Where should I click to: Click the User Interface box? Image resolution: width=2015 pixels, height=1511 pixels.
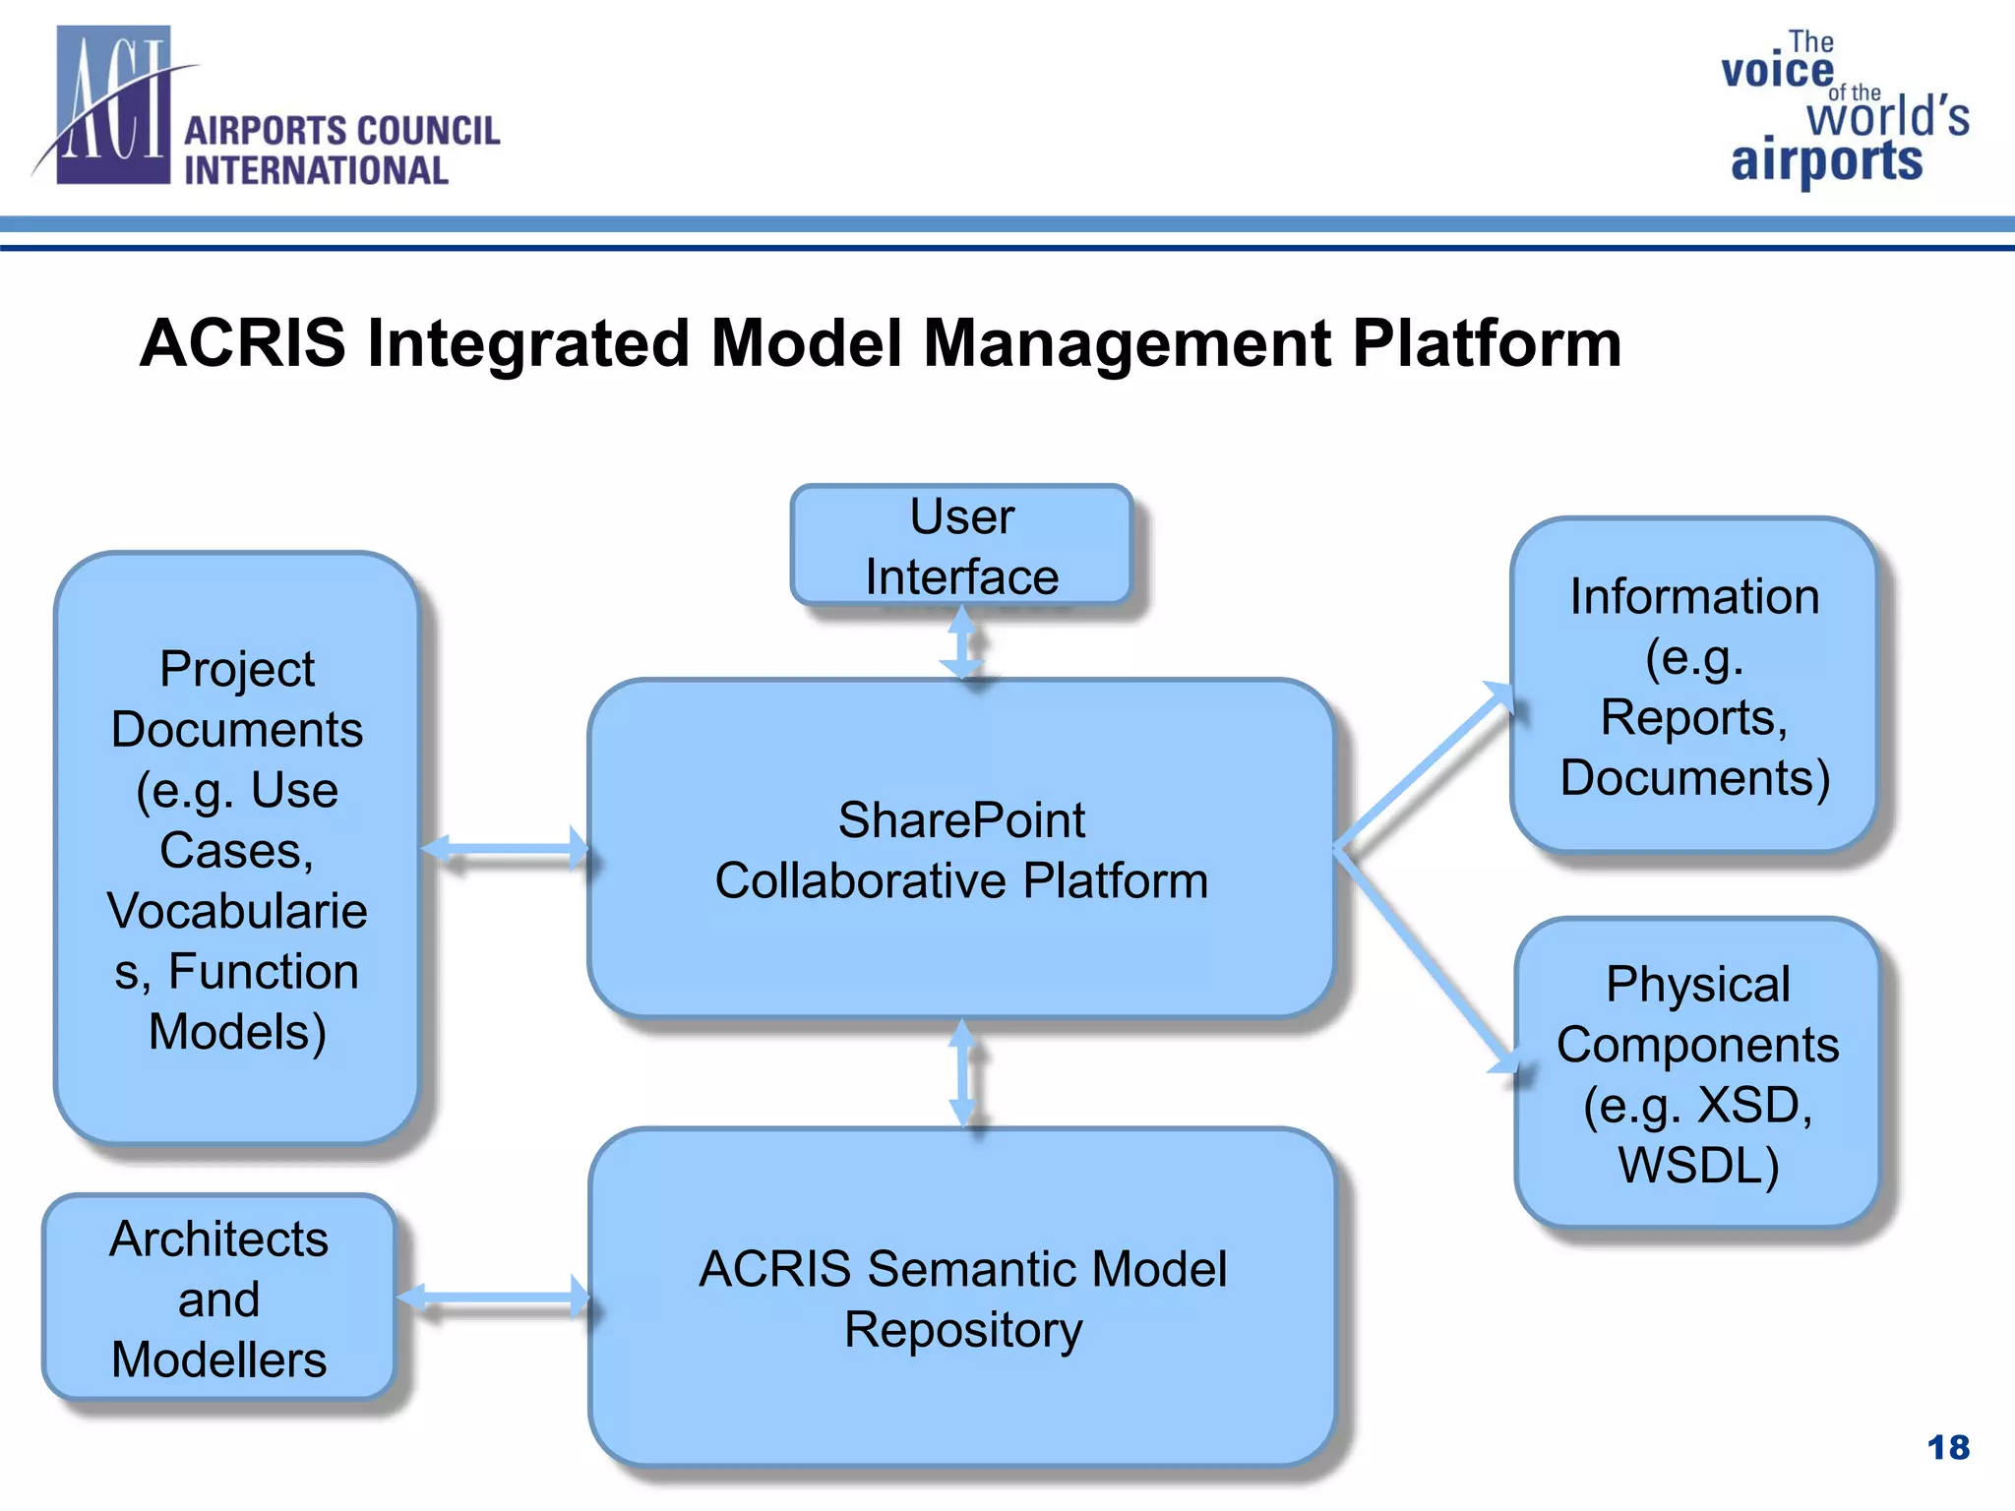point(961,546)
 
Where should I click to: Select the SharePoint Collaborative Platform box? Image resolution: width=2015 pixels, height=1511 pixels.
point(961,849)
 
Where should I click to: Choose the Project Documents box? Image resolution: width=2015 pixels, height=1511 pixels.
point(237,849)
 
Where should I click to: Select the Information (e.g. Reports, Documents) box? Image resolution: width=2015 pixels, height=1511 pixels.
point(1694,686)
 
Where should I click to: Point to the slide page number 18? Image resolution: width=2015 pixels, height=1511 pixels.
point(1948,1447)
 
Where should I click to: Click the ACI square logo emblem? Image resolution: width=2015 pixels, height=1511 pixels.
point(113,106)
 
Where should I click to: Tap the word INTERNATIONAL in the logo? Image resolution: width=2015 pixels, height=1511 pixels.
point(316,171)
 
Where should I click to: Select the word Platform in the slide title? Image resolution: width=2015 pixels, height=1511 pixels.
point(1487,343)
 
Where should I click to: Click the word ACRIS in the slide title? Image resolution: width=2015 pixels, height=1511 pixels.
point(243,343)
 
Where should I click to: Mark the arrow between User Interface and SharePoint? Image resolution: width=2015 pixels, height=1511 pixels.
point(961,642)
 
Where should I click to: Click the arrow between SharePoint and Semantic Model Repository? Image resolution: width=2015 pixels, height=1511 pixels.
point(962,1073)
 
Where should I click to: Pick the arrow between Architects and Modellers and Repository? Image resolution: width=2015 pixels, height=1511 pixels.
point(493,1298)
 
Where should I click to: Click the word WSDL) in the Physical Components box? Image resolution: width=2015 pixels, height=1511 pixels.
point(1698,1166)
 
